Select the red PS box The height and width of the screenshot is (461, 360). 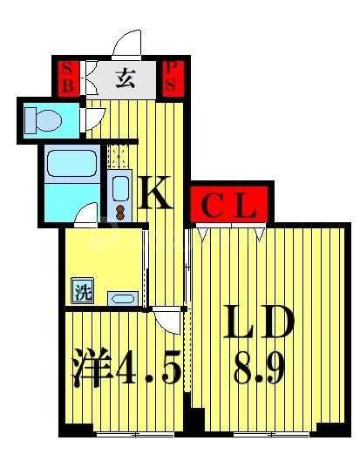pos(172,78)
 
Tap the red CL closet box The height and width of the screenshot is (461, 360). pos(230,207)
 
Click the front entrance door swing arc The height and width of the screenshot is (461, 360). pos(128,44)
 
